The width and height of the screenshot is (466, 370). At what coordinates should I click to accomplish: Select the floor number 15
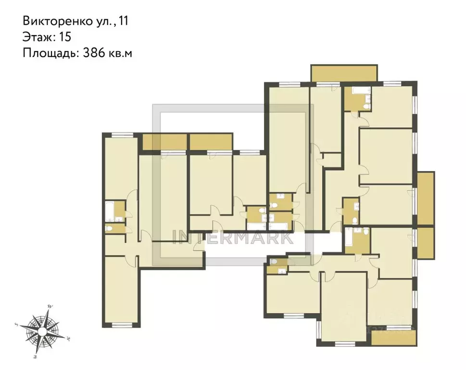tap(64, 37)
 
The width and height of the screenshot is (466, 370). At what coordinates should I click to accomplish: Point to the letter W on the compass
tap(50, 306)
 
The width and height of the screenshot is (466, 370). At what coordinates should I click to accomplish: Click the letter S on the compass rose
tap(17, 324)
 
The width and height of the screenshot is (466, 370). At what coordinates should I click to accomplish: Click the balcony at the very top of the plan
tap(344, 74)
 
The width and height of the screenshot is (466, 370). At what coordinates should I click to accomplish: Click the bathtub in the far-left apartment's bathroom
tap(110, 211)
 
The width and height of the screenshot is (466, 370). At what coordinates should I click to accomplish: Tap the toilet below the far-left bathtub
tap(110, 228)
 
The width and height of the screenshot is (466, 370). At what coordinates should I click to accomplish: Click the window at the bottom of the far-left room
tap(122, 325)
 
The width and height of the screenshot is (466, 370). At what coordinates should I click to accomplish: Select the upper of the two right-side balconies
tap(426, 198)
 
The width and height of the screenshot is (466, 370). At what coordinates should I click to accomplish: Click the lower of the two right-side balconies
tap(426, 242)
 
